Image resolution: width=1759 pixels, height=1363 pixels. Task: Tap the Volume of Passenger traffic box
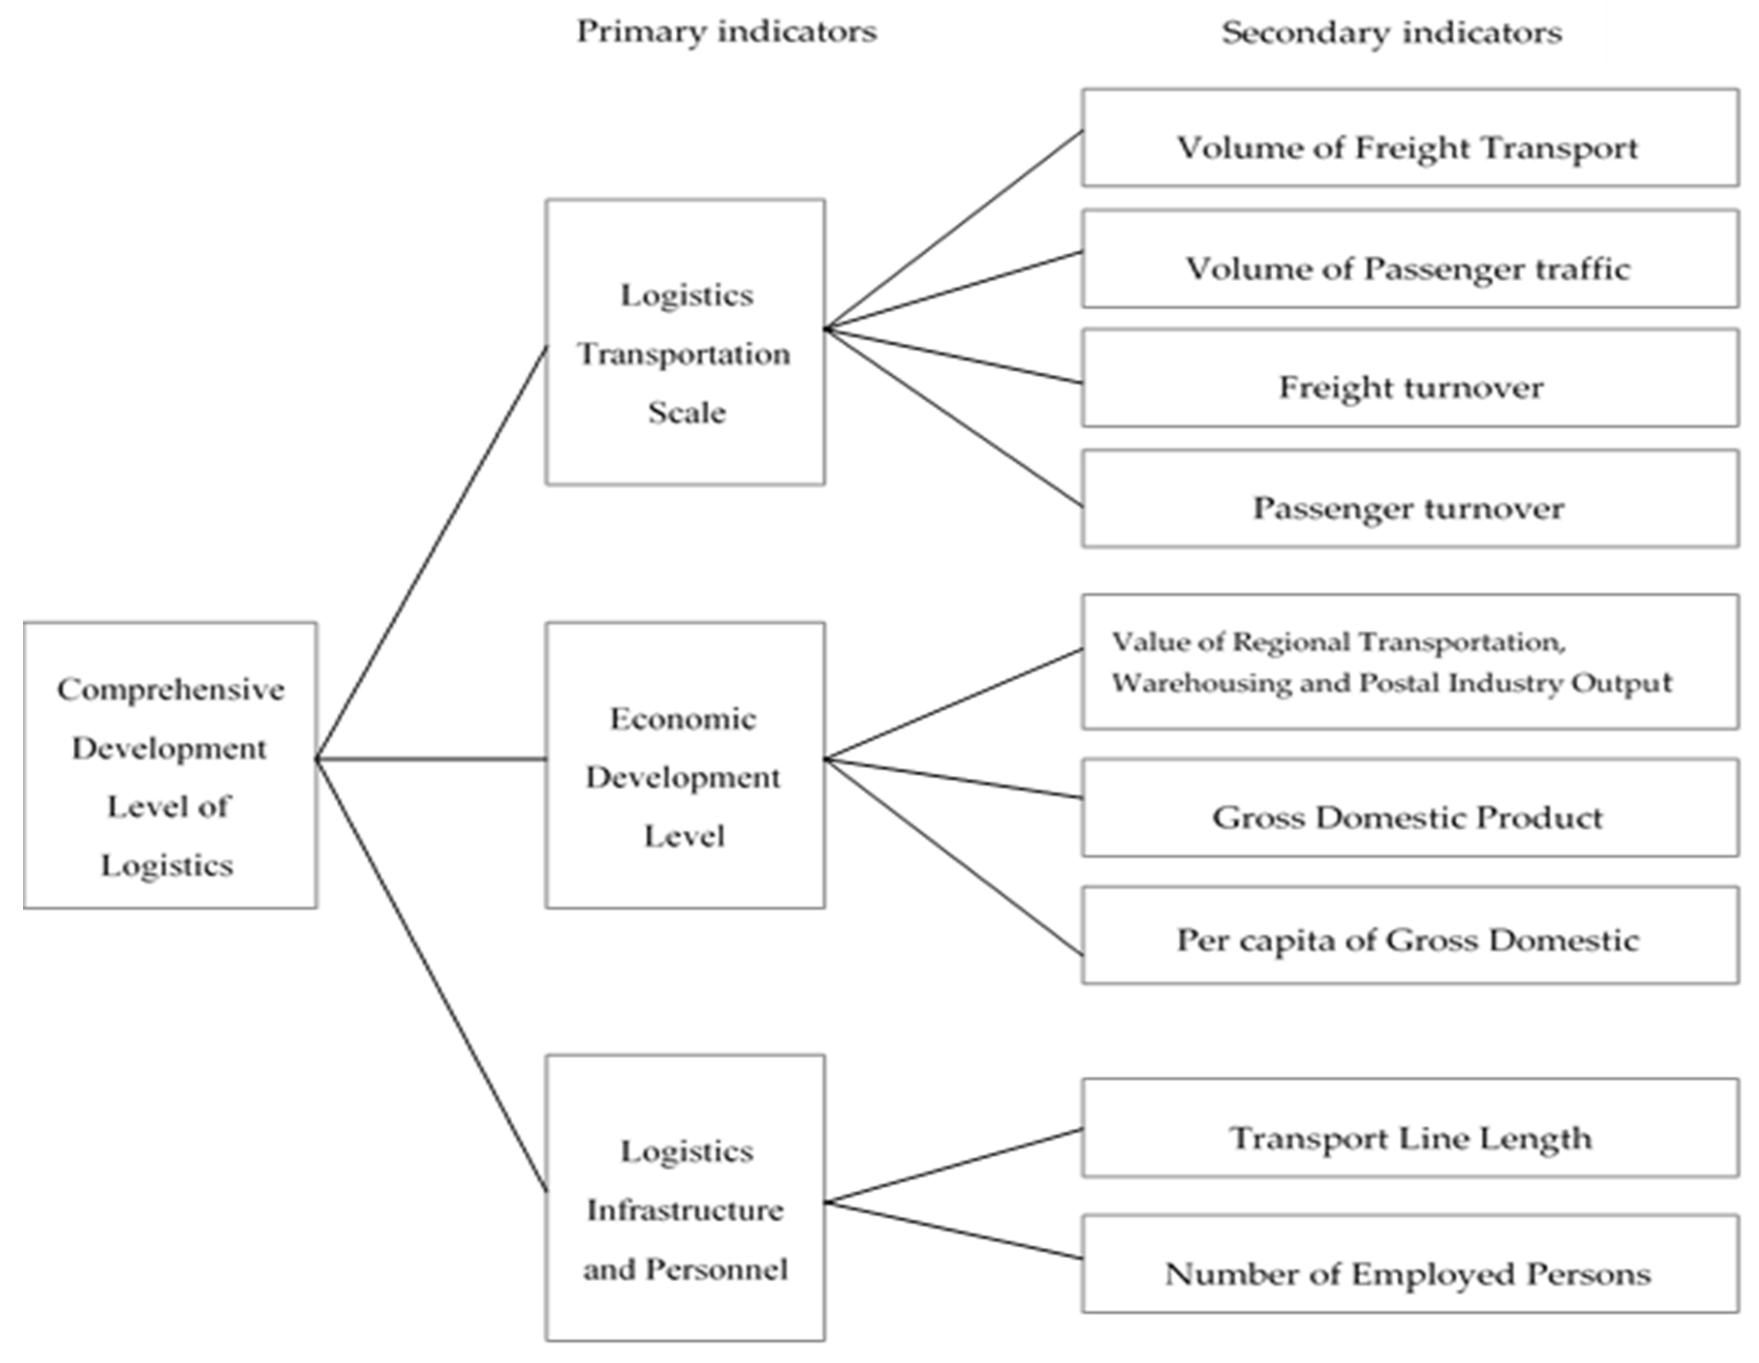click(1409, 259)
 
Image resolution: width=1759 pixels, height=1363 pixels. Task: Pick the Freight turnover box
click(1409, 378)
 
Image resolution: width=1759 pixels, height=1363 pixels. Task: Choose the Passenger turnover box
click(1409, 499)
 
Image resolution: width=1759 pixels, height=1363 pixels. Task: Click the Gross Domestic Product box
click(1409, 808)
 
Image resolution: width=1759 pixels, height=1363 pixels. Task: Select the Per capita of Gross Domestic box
click(1409, 935)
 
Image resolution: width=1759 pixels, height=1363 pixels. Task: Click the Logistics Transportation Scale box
click(685, 342)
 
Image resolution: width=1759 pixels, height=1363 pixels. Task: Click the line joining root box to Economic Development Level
click(431, 758)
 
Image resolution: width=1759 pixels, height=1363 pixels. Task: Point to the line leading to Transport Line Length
click(954, 1166)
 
